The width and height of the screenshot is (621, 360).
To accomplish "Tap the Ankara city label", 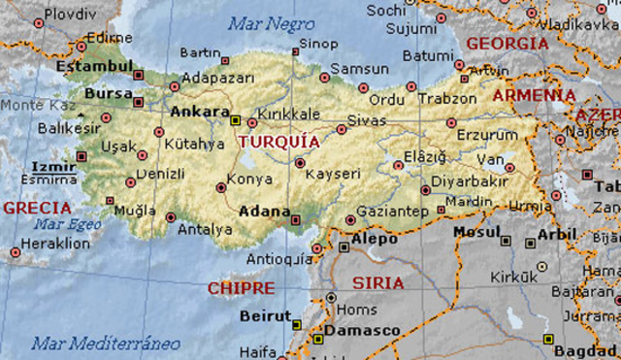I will pyautogui.click(x=200, y=112).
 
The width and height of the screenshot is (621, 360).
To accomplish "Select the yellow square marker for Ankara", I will pyautogui.click(x=235, y=120).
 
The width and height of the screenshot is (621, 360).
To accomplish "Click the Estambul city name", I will pyautogui.click(x=94, y=66).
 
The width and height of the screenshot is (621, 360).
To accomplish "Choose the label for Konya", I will pyautogui.click(x=249, y=180).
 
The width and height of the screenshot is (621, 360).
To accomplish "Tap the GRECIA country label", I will pyautogui.click(x=38, y=208).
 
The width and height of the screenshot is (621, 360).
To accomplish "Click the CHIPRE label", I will pyautogui.click(x=241, y=288).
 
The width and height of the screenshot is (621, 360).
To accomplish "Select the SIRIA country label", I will pyautogui.click(x=377, y=283).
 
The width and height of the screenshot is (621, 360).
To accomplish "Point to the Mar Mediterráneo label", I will pyautogui.click(x=106, y=343).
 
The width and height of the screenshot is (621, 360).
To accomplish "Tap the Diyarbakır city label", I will pyautogui.click(x=471, y=180).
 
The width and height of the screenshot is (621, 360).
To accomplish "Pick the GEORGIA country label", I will pyautogui.click(x=507, y=44).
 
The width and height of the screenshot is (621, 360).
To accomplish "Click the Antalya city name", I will pyautogui.click(x=205, y=230).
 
